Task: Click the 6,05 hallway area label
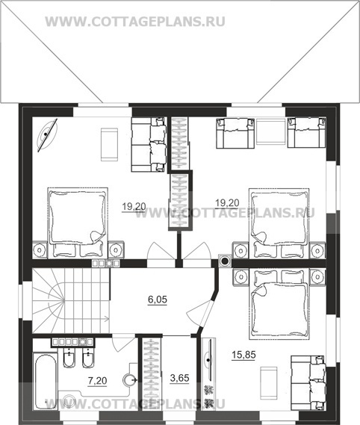pos(158,300)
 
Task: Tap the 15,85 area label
pos(243,355)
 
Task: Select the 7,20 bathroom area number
pos(97,381)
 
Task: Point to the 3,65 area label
pos(179,378)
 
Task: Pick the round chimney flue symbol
pos(225,261)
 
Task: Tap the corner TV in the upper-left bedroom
pos(46,134)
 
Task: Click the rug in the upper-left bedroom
pos(110,145)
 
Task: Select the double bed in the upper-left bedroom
pos(78,223)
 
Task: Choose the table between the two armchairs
pos(271,134)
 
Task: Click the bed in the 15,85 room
pos(279,304)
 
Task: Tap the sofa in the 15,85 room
pos(308,382)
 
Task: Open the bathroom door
pos(123,344)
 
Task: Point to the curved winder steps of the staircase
pos(49,301)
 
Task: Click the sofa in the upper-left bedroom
pos(149,144)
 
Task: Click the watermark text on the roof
pos(134,22)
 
